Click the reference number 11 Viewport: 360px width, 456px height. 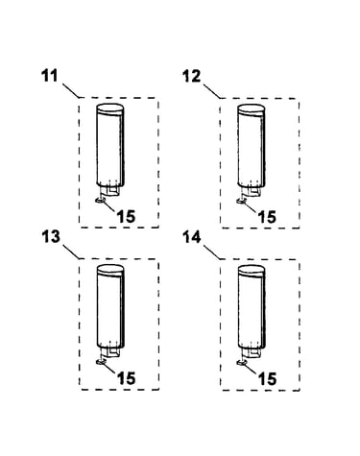click(x=50, y=76)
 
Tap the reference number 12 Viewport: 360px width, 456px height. click(x=191, y=77)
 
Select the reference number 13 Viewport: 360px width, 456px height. click(x=51, y=237)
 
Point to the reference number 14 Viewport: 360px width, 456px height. click(x=192, y=237)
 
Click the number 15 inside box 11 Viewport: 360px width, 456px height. click(x=126, y=216)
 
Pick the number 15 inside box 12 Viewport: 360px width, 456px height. click(x=267, y=217)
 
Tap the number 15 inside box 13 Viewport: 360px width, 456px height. click(x=127, y=378)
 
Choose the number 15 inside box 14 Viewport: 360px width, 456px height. click(x=267, y=379)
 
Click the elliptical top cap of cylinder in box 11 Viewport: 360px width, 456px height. click(x=109, y=108)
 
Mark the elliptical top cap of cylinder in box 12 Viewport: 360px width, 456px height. click(x=252, y=108)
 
